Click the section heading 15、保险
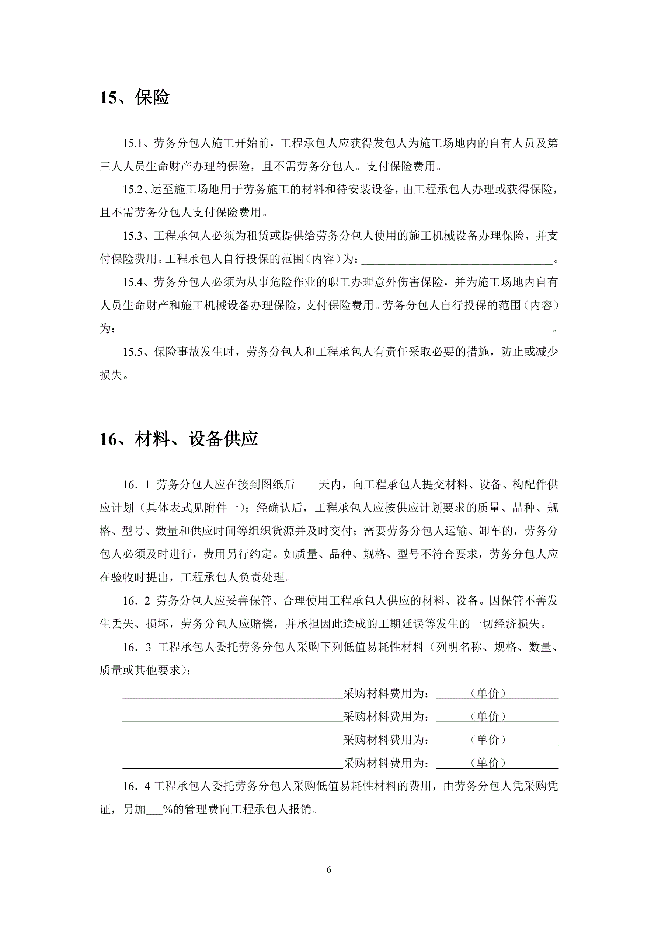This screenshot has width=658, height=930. pos(135,98)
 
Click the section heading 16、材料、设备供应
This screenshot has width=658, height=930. pos(179,439)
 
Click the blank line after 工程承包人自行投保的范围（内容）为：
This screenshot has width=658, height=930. pos(457,260)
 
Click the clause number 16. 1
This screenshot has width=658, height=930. pos(136,485)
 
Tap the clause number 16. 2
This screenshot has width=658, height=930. pos(136,601)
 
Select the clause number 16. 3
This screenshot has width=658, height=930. pos(136,647)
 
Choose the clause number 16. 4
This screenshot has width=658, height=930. pos(136,787)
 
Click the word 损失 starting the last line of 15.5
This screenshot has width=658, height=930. pos(111,375)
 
